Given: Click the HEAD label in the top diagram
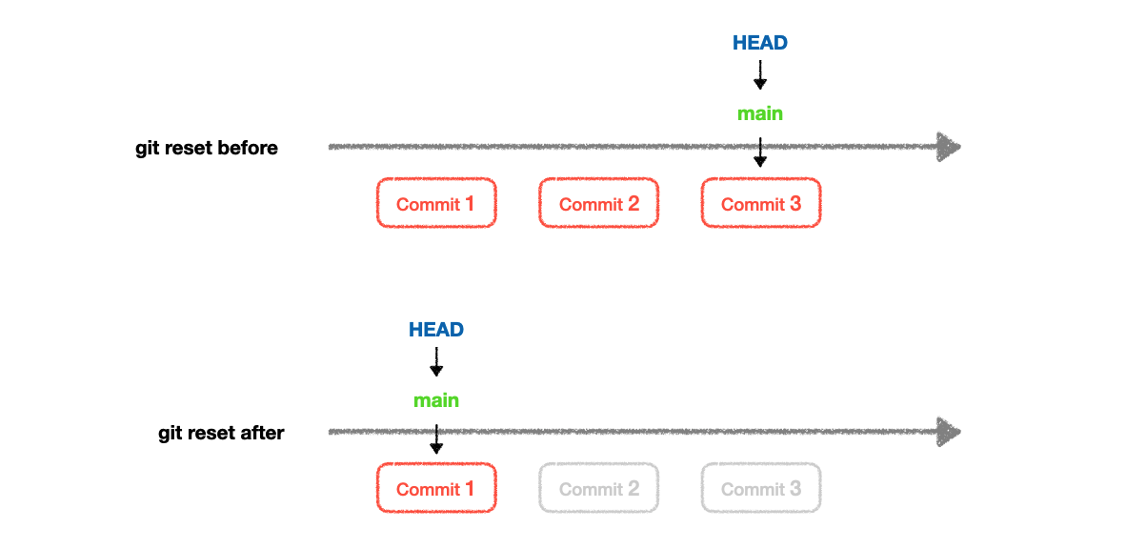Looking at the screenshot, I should click(x=760, y=43).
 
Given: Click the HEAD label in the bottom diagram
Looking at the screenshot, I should click(x=436, y=330).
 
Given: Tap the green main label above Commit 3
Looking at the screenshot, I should click(x=760, y=114).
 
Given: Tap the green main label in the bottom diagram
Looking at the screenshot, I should click(x=436, y=401).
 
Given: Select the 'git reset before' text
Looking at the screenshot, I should click(x=207, y=148).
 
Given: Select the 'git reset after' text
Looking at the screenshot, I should click(x=221, y=434).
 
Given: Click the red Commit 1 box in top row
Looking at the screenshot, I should click(x=436, y=203).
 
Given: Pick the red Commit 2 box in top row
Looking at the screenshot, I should click(x=598, y=203).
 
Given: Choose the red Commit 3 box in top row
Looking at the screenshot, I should click(x=761, y=203).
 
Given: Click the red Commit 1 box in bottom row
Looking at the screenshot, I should click(x=436, y=489).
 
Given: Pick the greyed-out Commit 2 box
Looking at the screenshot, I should click(x=598, y=489).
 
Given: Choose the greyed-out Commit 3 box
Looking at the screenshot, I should click(x=761, y=489).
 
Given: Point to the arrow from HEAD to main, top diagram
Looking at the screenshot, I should click(x=760, y=75).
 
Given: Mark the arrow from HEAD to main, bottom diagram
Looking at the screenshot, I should click(x=436, y=362).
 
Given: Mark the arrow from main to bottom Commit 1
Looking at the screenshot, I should click(x=436, y=438).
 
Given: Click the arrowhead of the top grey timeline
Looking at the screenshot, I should click(x=948, y=147).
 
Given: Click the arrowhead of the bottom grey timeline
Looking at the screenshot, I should click(x=948, y=432).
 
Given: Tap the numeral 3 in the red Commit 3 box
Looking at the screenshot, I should click(x=795, y=203).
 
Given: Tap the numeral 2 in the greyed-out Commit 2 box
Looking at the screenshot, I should click(x=633, y=489).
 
